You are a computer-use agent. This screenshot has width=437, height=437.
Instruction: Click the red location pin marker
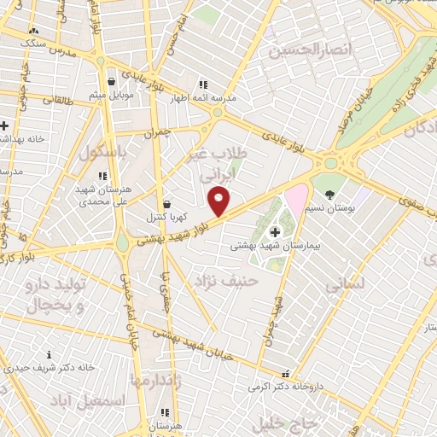220,201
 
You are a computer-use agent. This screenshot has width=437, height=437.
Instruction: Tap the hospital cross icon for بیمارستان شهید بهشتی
275,231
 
